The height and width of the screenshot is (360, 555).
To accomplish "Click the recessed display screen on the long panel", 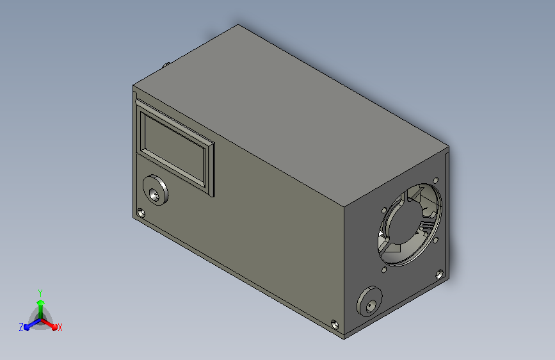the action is [x=174, y=146].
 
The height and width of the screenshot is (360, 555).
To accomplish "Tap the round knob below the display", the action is [x=156, y=190].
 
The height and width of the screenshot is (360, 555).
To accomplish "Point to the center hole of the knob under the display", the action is [x=154, y=195].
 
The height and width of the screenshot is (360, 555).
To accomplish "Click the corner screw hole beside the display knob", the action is [x=141, y=213].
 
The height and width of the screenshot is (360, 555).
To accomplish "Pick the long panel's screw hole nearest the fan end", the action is [x=335, y=324].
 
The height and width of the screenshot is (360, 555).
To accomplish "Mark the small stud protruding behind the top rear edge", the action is [x=166, y=65].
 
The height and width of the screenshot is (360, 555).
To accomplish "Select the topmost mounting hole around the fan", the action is [x=436, y=181].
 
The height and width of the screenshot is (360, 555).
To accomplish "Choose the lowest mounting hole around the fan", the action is [x=384, y=270].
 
